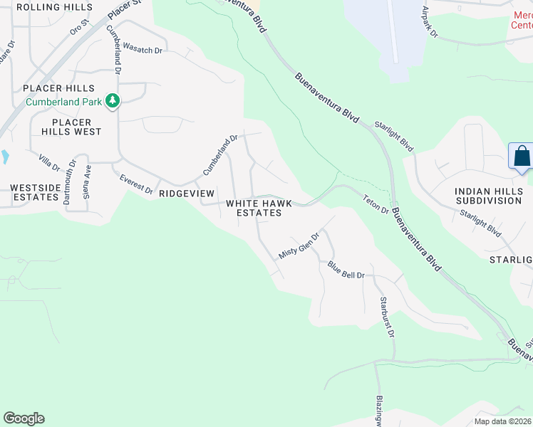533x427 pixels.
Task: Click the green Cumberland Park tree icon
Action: click(112, 102)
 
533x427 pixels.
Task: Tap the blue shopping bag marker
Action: click(521, 156)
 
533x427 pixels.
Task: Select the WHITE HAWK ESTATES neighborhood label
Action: click(259, 208)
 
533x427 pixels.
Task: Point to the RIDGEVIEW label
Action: click(186, 194)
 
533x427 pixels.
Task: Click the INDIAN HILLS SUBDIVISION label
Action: click(489, 196)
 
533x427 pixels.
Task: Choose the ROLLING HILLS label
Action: click(54, 6)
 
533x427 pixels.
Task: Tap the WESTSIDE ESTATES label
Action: click(34, 192)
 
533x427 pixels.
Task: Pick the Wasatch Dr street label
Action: click(143, 49)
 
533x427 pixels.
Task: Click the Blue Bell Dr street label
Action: click(346, 270)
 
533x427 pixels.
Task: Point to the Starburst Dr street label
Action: click(387, 317)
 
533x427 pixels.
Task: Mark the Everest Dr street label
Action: click(136, 184)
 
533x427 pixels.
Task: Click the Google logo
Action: click(24, 418)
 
